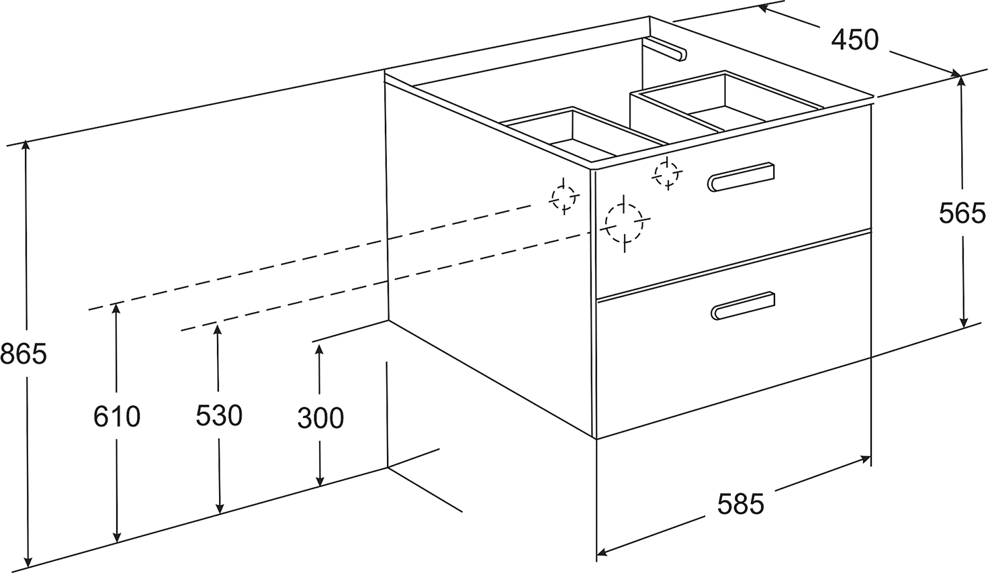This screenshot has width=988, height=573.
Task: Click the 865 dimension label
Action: click(x=24, y=353)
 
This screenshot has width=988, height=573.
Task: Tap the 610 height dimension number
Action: click(x=117, y=417)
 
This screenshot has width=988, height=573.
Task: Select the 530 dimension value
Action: click(x=219, y=416)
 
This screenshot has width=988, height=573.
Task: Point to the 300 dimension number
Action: click(x=320, y=418)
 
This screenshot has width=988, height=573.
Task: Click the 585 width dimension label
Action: click(x=741, y=504)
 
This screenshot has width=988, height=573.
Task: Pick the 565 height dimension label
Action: click(x=962, y=214)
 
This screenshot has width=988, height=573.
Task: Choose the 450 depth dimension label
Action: click(x=854, y=40)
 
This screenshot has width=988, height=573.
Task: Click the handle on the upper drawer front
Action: click(x=742, y=176)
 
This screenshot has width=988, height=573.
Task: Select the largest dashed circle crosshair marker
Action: click(x=625, y=221)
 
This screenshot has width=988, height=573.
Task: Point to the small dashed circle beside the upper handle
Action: click(x=666, y=174)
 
